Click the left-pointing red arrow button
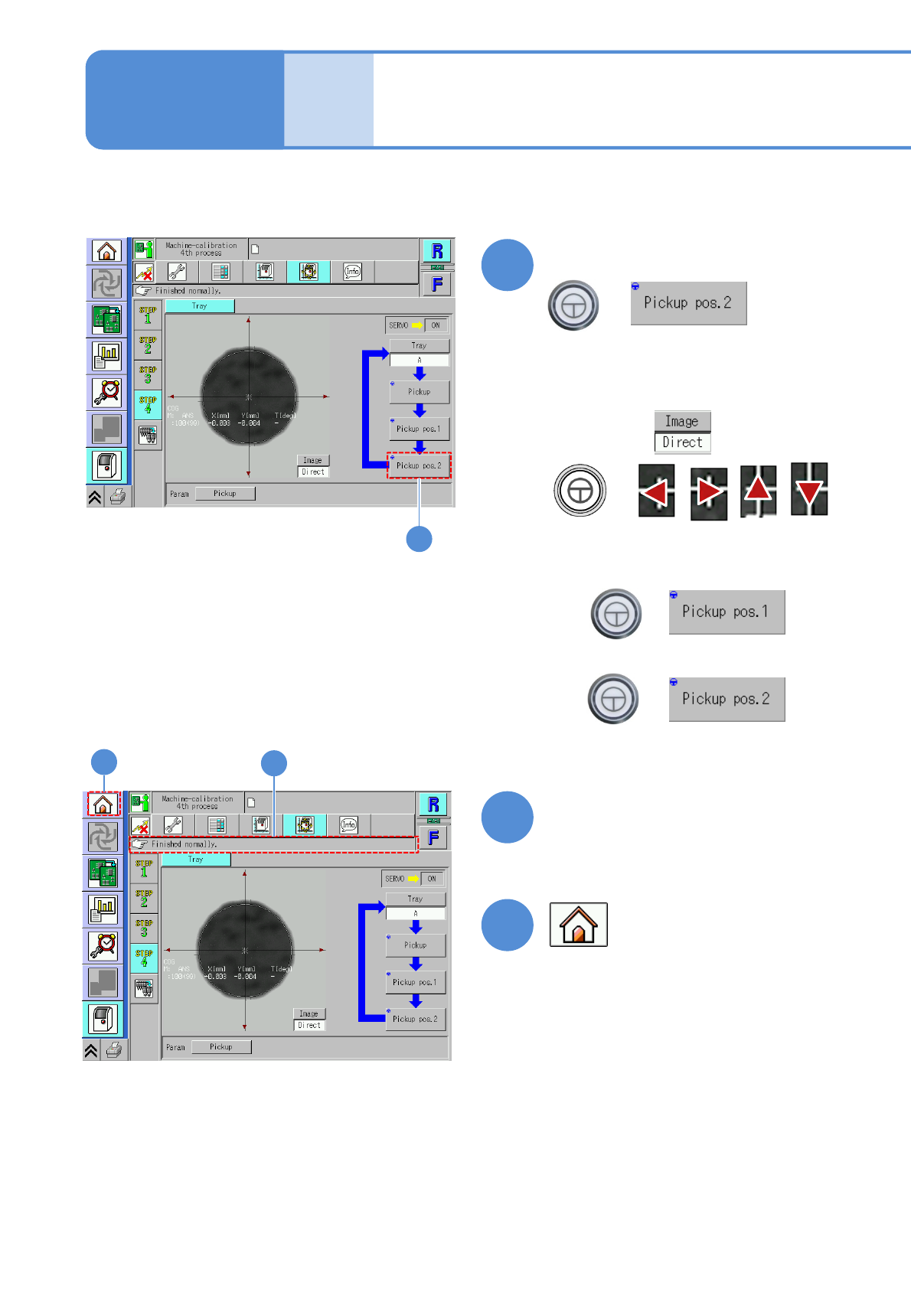pos(657,491)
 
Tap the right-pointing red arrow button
pos(708,491)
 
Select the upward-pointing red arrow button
pos(758,490)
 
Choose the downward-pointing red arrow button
pos(809,490)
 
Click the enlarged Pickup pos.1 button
pos(727,612)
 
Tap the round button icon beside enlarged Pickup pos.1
pos(616,613)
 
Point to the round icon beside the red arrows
pos(580,491)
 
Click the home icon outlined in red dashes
pos(103,804)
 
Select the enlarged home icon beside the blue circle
pos(578,925)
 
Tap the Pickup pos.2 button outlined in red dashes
pos(419,465)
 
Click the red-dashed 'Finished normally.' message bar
pos(274,844)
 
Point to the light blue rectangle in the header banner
pos(328,100)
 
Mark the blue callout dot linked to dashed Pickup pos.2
pos(419,539)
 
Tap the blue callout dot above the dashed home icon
pos(104,762)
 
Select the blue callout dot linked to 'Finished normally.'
pos(274,763)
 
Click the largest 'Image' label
pos(681,421)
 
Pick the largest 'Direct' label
pos(682,442)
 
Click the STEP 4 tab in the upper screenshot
pos(148,404)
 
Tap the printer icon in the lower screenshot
pos(114,1050)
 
